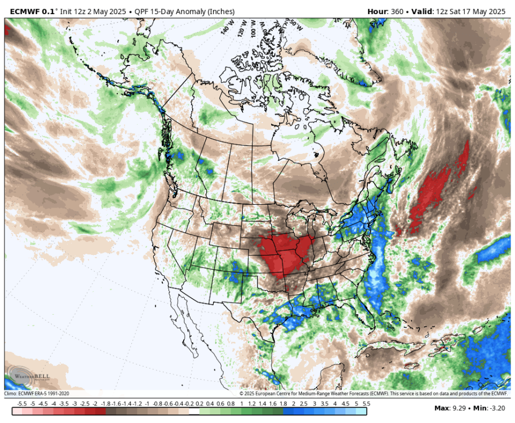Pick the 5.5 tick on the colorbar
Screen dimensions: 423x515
pos(367,404)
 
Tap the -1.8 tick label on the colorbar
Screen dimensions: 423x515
pos(105,404)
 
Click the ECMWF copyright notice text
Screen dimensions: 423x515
pos(375,394)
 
